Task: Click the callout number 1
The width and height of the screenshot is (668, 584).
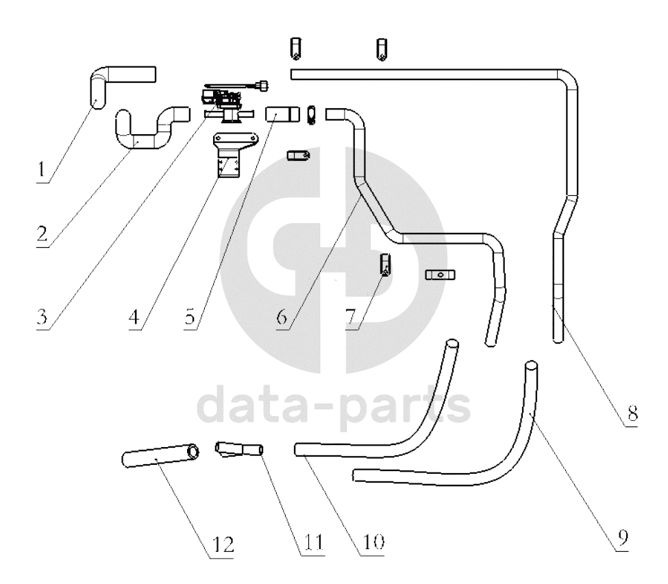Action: (x=41, y=170)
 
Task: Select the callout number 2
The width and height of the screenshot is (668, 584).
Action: (x=42, y=233)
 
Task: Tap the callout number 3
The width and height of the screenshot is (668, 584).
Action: (x=42, y=317)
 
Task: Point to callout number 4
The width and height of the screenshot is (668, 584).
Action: (x=134, y=317)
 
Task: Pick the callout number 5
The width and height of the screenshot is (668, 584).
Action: (x=190, y=317)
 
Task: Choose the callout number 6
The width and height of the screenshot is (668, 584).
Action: (x=282, y=317)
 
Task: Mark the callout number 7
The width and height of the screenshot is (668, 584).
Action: (x=350, y=317)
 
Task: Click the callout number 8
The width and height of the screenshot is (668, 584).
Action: (x=632, y=412)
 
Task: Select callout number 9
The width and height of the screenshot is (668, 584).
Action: (x=623, y=538)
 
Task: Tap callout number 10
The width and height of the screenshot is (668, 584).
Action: (x=373, y=542)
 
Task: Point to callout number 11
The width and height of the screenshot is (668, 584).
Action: (x=314, y=542)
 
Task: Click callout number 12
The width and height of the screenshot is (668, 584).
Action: (x=223, y=545)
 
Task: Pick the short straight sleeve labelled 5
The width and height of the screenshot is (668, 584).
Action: (x=282, y=114)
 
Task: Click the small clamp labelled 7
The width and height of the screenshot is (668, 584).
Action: (x=386, y=264)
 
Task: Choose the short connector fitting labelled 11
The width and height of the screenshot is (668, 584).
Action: (x=239, y=450)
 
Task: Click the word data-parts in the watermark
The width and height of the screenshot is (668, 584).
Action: (x=334, y=407)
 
